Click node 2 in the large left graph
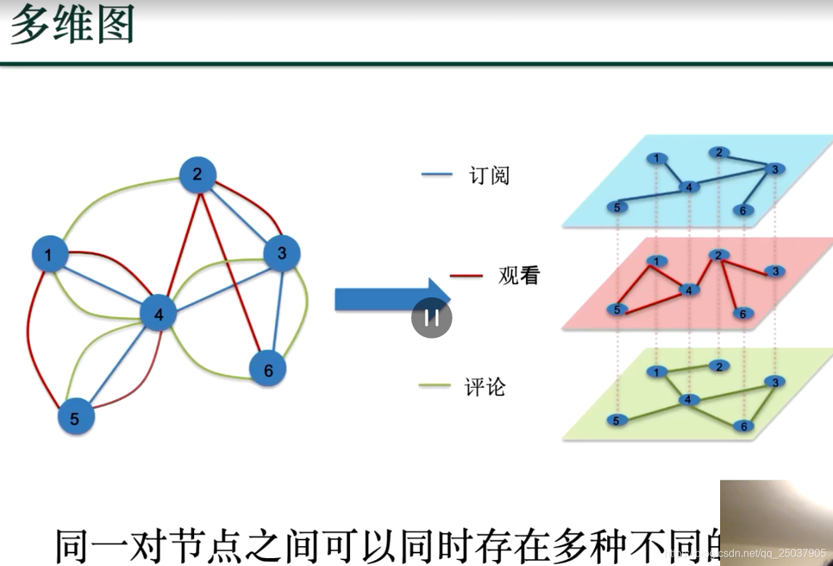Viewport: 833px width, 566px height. (198, 175)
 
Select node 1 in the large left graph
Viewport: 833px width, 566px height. (49, 254)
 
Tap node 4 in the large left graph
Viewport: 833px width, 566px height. (158, 314)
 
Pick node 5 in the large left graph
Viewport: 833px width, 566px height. (75, 418)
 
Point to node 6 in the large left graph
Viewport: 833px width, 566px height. (268, 370)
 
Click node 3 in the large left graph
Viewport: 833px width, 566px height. (282, 253)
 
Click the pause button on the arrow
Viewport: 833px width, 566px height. (432, 318)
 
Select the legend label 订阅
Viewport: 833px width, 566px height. (489, 176)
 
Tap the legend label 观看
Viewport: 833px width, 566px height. (519, 275)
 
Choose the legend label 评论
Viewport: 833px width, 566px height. (485, 387)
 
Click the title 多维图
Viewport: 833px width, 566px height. (72, 27)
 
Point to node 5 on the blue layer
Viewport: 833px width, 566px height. (617, 208)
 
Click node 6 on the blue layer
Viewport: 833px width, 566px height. (743, 211)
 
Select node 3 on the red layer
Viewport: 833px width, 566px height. (775, 271)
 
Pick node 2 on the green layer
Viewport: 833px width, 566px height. (718, 366)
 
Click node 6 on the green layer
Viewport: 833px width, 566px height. (743, 426)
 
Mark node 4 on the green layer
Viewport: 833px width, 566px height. (689, 399)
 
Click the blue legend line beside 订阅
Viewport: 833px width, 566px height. (436, 176)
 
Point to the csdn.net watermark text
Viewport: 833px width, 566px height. (747, 553)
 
